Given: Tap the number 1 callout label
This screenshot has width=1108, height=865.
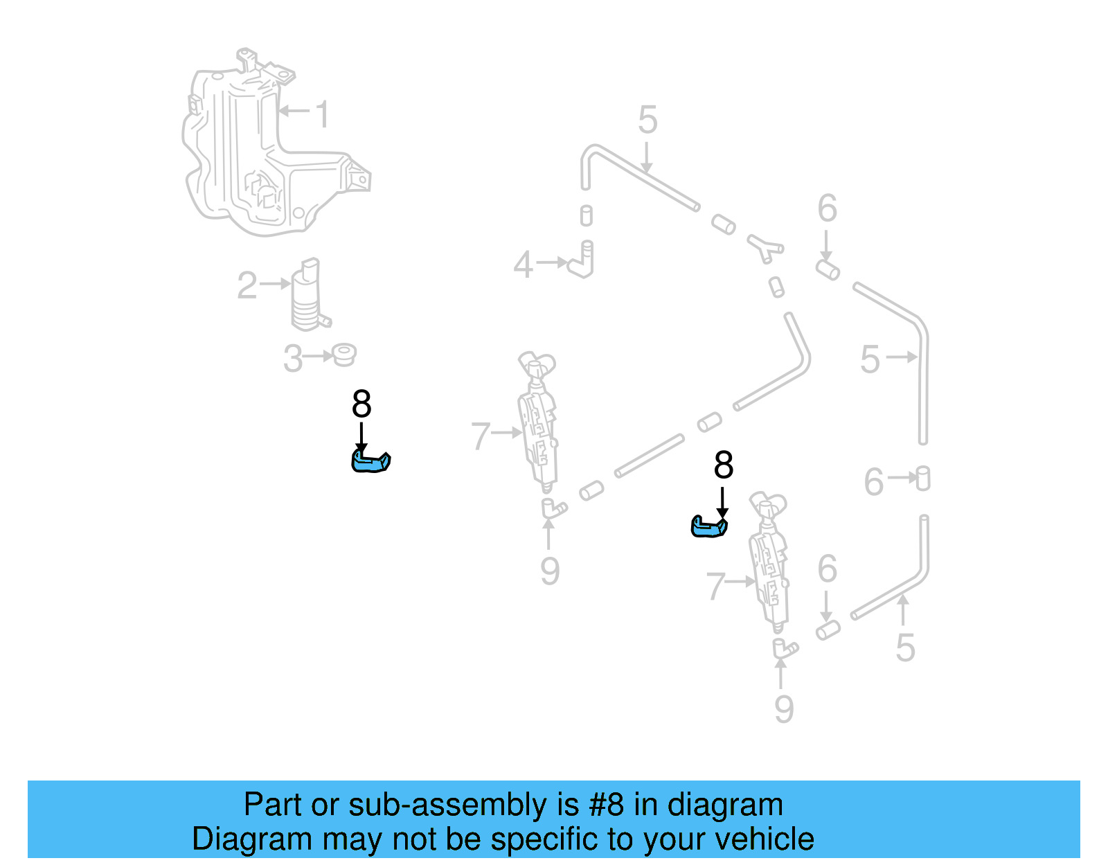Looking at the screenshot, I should tap(322, 114).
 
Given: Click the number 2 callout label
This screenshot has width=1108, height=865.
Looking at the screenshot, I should tap(247, 285).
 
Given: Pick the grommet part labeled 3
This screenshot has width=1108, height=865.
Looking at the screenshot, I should tap(343, 355).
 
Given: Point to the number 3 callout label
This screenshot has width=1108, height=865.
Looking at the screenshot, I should tap(293, 359).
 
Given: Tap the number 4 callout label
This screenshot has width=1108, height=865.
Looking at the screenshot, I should tap(524, 265).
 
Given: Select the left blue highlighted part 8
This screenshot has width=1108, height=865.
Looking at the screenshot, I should tap(370, 461).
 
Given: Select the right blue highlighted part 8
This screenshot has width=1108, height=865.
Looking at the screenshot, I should tap(709, 526).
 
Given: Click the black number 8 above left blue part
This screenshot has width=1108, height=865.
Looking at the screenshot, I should tap(361, 404).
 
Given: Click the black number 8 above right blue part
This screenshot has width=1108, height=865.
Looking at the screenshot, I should tap(723, 465).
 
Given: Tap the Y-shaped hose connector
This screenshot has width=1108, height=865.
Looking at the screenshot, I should tap(765, 248).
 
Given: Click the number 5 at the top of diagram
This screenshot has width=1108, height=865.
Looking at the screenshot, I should tap(647, 121).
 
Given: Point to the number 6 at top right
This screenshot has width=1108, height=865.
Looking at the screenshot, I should tap(827, 208).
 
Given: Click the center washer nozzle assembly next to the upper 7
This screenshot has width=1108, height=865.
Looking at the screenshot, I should tap(538, 422).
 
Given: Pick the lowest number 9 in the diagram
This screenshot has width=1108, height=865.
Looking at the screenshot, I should tap(783, 709).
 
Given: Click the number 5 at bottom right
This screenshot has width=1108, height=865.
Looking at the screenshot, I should tap(905, 648).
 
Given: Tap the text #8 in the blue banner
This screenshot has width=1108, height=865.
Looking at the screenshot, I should tap(607, 805).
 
